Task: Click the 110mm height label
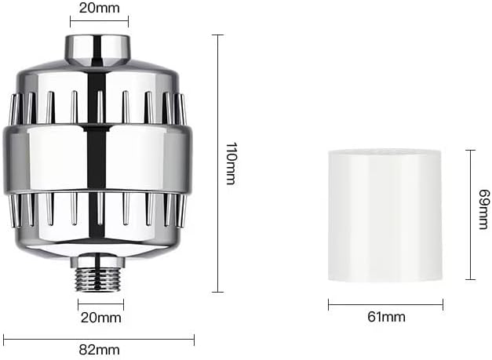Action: [x=231, y=163]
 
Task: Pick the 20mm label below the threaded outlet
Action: [x=100, y=318]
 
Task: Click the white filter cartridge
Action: [x=384, y=216]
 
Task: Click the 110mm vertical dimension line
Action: [x=217, y=163]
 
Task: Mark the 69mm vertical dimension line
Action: [x=469, y=215]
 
